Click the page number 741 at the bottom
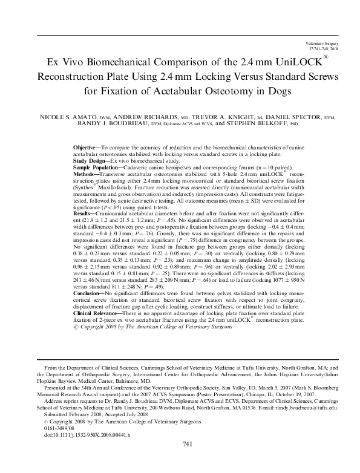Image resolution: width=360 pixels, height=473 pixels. coord(187,461)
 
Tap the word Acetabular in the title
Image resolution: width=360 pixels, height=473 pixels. coord(172,91)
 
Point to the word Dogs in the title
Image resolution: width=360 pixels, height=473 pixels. coord(279,91)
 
